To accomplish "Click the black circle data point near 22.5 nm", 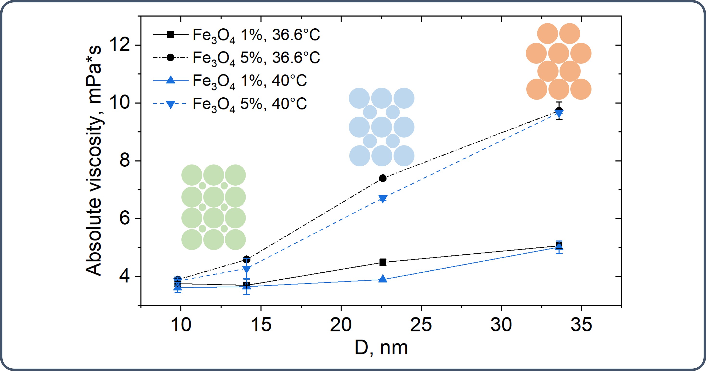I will pos(383,178).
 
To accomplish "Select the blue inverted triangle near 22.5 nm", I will pos(383,199).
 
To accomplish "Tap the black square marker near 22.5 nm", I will pos(383,263).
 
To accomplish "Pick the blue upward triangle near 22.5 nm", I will pos(383,279).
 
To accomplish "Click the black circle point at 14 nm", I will pos(247,259).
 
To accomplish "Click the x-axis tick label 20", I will pos(341,325).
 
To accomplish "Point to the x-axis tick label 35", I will pos(581,325).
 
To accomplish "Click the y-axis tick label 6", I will pos(125,218).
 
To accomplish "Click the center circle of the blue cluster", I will pos(382,127).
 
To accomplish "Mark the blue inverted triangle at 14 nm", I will pos(247,269).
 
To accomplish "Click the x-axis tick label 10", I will pos(181,325).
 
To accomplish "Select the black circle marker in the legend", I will pos(171,57).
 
